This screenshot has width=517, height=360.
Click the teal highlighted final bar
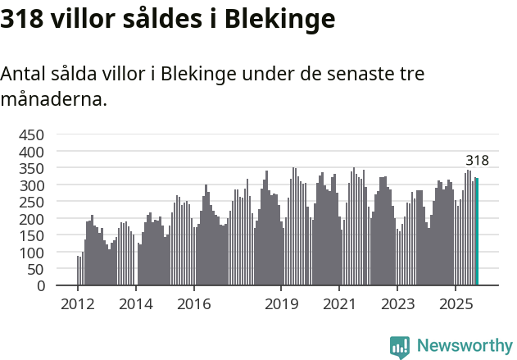coord(478,232)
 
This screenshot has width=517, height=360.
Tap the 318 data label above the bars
coord(477,161)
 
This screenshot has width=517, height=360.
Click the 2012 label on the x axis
coord(78,304)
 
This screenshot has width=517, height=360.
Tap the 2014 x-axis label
coord(136,304)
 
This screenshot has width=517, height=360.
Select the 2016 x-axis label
coord(193,304)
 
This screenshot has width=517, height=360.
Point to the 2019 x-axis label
coord(281,304)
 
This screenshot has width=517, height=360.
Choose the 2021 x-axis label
coord(339,304)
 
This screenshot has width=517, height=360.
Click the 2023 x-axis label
coord(397,304)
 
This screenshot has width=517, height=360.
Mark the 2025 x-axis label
coord(456,304)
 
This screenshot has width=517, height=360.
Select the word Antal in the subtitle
coord(22,74)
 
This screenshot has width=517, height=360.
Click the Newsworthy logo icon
coord(400,347)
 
